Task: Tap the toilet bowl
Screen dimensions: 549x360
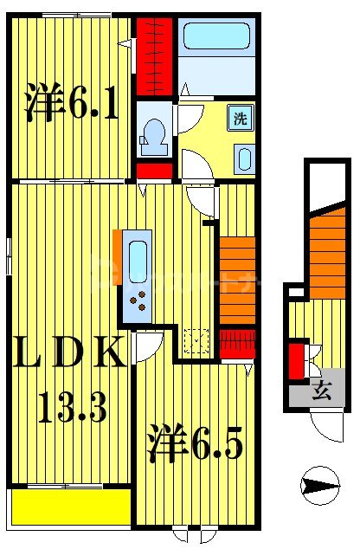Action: pos(156,136)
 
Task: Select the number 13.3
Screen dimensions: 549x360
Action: pos(71,404)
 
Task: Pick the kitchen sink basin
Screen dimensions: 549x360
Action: pos(138,260)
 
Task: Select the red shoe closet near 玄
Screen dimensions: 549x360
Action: pos(296,361)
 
